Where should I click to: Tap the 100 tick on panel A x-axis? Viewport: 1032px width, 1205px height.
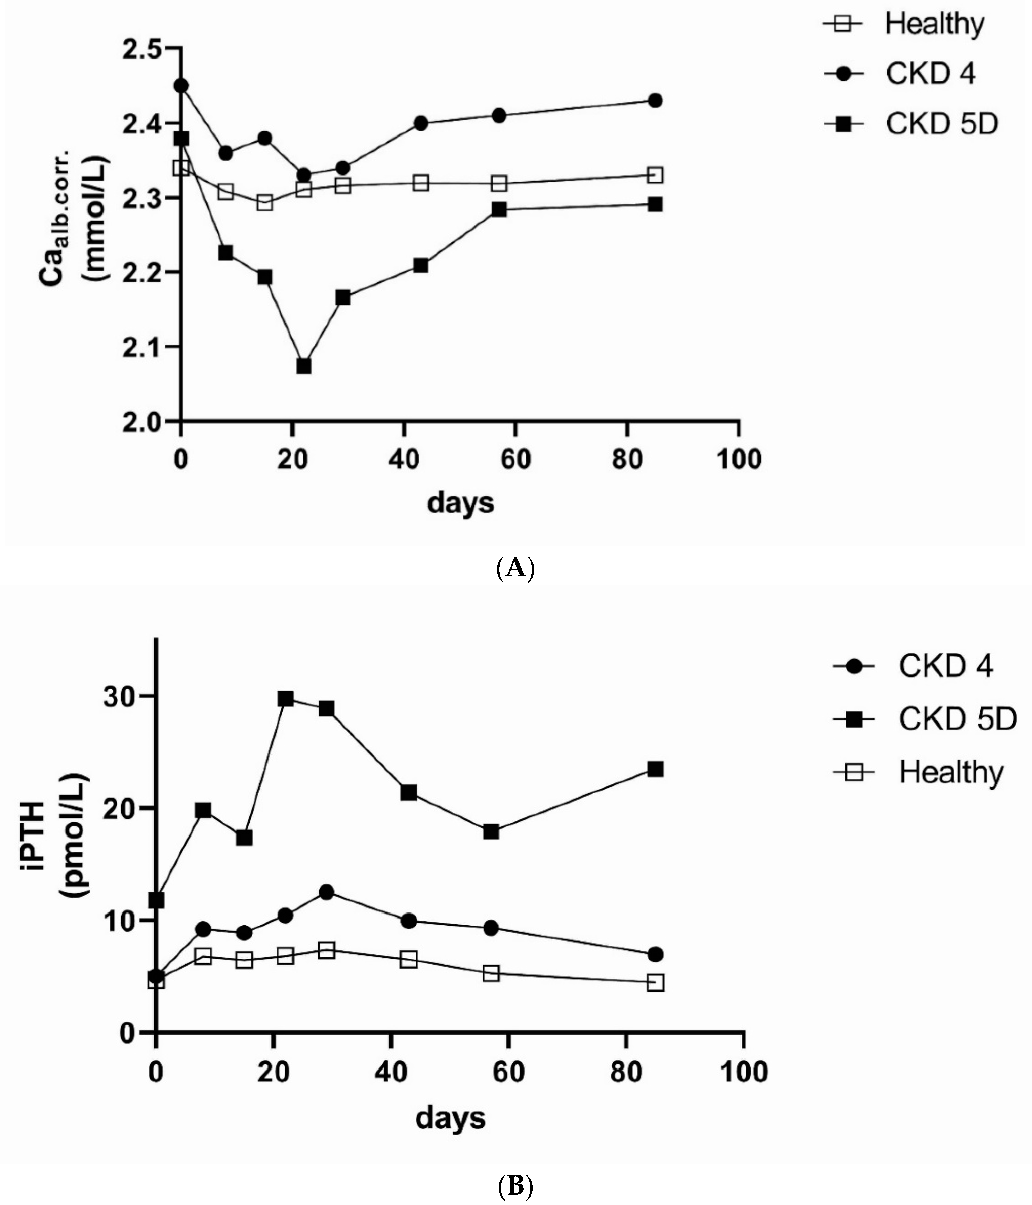pos(738,459)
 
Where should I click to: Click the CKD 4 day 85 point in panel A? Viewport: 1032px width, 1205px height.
pos(655,100)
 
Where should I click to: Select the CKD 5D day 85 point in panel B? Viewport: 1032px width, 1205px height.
pos(655,769)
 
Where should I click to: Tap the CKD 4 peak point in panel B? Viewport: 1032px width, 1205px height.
pos(327,892)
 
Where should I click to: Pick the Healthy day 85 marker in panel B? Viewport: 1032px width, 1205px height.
pos(655,983)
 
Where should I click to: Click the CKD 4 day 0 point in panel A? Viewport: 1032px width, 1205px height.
pos(181,85)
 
